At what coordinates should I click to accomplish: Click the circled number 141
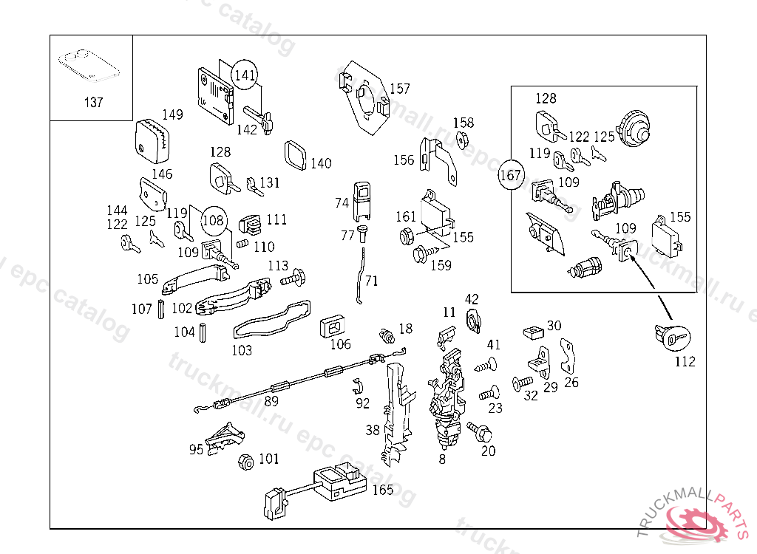(x=245, y=75)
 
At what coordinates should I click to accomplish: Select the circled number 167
(x=511, y=174)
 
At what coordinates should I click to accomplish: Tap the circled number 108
(x=214, y=221)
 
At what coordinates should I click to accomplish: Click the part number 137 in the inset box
(x=94, y=103)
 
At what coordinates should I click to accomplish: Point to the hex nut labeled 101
(x=246, y=462)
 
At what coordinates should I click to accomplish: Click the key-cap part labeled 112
(x=673, y=338)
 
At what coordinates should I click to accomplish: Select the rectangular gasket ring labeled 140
(x=296, y=155)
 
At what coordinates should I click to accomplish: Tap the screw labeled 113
(x=293, y=278)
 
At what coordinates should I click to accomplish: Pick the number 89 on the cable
(x=271, y=401)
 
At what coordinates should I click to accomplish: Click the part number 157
(x=400, y=89)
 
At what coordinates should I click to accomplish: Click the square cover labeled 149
(x=152, y=140)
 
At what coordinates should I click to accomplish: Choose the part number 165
(x=383, y=490)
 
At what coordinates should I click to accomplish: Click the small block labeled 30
(x=534, y=332)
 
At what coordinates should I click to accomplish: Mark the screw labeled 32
(x=523, y=383)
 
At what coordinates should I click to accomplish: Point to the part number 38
(x=373, y=430)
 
